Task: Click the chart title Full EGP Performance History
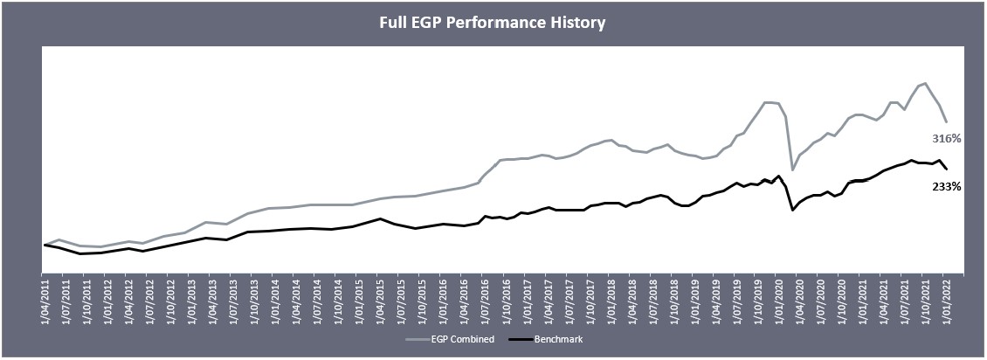[x=493, y=23]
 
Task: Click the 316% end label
[x=946, y=139]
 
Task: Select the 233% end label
[x=946, y=186]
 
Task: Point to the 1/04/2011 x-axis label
[x=45, y=299]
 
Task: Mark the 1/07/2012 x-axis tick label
[x=149, y=299]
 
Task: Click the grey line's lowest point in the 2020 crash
[x=792, y=170]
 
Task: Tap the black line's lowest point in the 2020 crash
[x=792, y=210]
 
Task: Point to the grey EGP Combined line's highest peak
[x=925, y=83]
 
